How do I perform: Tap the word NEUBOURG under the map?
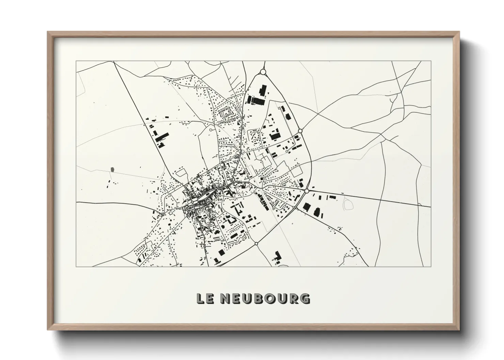[266, 298]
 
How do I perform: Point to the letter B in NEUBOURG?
[260, 298]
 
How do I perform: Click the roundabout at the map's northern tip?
[263, 72]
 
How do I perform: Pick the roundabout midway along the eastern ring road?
[300, 131]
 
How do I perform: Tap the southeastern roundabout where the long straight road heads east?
[306, 191]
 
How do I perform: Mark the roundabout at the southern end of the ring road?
[256, 244]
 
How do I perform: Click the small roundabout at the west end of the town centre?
[193, 202]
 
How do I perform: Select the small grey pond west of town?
[112, 169]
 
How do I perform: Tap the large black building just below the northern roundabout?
[262, 91]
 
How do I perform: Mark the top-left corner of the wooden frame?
[48, 32]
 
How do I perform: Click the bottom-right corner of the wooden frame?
[459, 330]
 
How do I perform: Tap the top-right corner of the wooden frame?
[459, 32]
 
